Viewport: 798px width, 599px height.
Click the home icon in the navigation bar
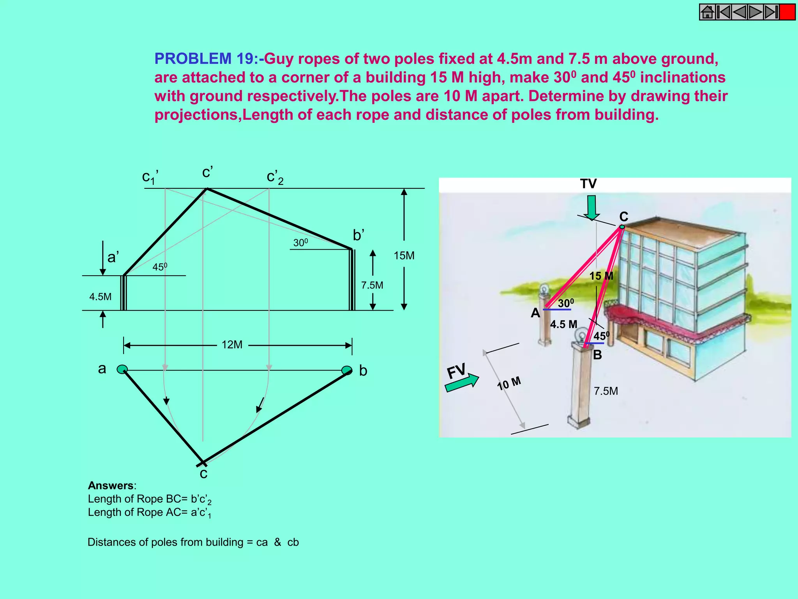tap(707, 12)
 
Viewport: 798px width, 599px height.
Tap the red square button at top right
tap(787, 12)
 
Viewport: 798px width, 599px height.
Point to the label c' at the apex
tap(207, 172)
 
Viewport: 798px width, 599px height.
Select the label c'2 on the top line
tap(275, 177)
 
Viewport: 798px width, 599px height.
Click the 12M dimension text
tap(232, 345)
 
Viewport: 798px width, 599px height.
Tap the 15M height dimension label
tap(404, 256)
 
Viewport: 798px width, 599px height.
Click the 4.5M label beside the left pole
tap(100, 297)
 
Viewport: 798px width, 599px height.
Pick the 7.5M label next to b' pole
tap(372, 285)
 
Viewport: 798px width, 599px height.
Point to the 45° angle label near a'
tap(160, 267)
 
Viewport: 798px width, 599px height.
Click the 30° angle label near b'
tap(300, 243)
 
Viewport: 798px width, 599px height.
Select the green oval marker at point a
tap(122, 369)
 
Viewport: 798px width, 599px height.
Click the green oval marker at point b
tap(346, 370)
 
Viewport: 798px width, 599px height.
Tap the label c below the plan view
tap(203, 474)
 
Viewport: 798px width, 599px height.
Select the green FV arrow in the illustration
tap(463, 382)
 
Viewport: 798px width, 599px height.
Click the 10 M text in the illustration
tap(509, 384)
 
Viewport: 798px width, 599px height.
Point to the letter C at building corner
tap(623, 216)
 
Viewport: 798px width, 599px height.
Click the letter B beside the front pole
tap(597, 355)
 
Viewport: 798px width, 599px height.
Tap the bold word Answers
tap(111, 486)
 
